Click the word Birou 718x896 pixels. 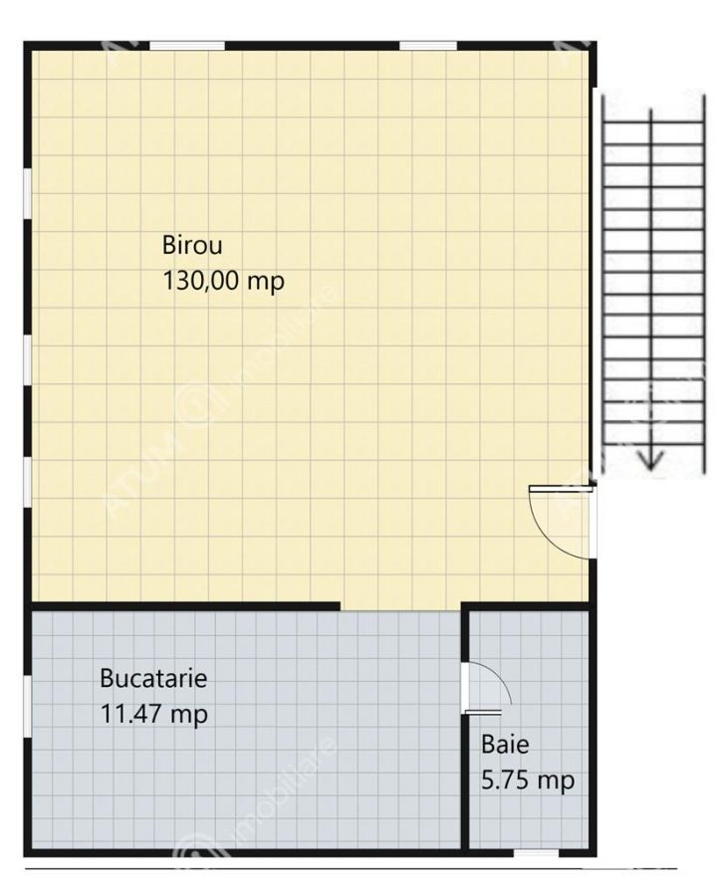click(x=192, y=245)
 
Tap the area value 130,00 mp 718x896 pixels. click(x=223, y=282)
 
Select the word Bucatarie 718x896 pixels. click(x=153, y=678)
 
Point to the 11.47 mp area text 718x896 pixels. click(x=153, y=714)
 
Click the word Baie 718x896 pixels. click(x=505, y=744)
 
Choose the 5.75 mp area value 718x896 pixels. click(x=528, y=781)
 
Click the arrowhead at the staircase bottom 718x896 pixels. click(x=650, y=459)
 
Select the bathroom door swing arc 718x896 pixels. click(x=496, y=679)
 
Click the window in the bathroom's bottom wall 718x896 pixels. click(x=536, y=853)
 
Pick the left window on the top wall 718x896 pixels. click(x=186, y=46)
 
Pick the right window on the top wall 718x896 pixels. click(x=428, y=46)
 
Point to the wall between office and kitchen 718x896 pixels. click(x=183, y=606)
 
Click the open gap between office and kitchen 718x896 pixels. click(x=401, y=607)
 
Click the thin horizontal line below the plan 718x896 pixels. click(x=351, y=868)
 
